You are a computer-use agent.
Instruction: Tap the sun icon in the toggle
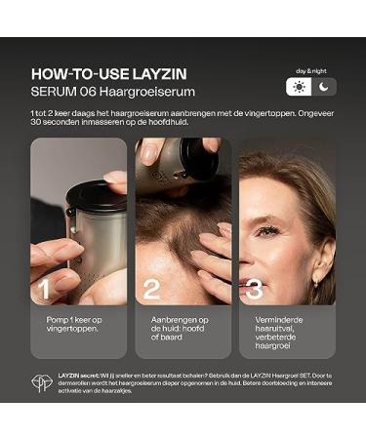298,86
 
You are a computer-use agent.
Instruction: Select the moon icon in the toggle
324,86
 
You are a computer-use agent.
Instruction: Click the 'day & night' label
311,70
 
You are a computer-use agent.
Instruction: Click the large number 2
151,290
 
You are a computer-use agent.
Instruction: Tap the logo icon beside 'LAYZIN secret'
40,383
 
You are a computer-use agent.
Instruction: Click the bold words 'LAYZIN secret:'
77,376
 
